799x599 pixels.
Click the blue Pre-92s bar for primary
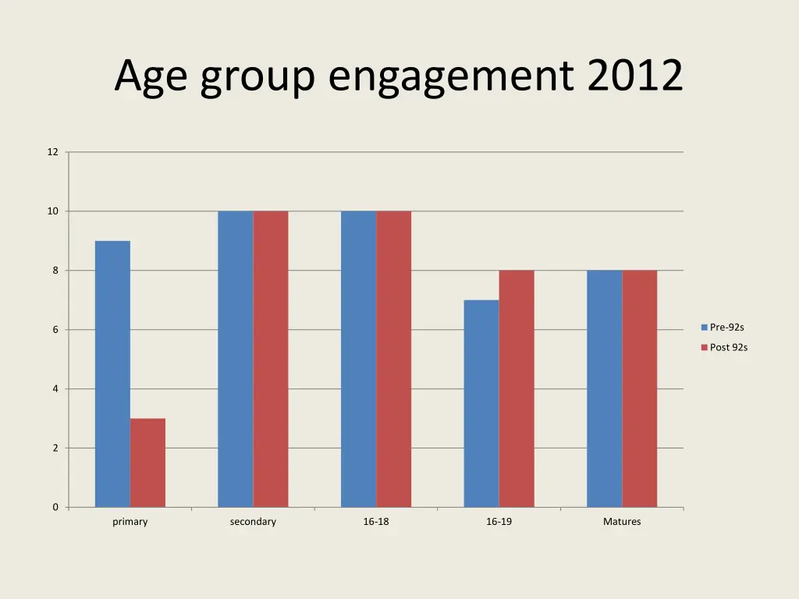coord(112,374)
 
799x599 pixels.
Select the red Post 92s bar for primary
coord(147,463)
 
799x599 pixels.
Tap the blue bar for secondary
coord(236,359)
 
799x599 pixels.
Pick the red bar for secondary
coord(271,359)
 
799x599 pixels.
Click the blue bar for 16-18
coord(358,359)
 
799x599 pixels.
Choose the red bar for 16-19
coord(517,388)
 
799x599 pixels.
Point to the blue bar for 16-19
coord(481,403)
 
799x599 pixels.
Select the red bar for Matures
coord(640,388)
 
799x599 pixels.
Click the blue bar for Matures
coord(605,388)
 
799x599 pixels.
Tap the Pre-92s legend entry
coord(726,328)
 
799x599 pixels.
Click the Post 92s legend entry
coord(727,347)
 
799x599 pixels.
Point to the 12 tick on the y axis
coord(52,152)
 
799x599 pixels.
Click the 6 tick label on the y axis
coord(55,330)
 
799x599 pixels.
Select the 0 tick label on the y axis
coord(55,507)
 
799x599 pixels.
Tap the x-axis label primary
coord(130,522)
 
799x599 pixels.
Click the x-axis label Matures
coord(622,522)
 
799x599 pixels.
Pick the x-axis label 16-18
coord(376,522)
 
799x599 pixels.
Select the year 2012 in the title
coord(635,76)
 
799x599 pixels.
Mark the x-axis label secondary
coord(253,522)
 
